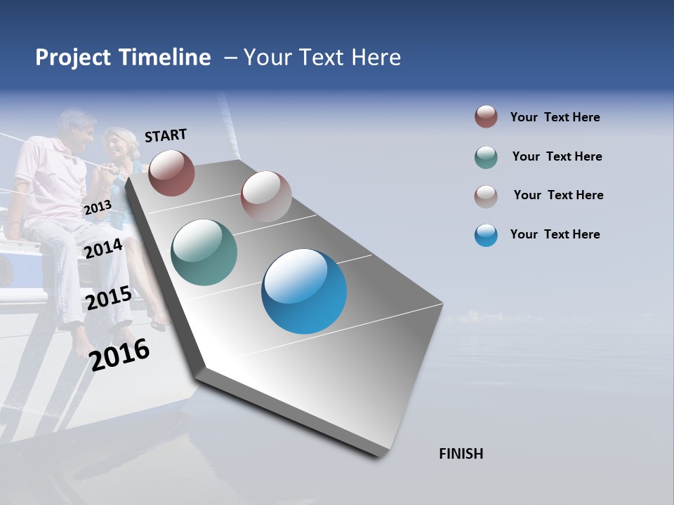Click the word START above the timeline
click(166, 135)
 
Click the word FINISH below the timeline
click(461, 454)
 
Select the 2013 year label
click(98, 208)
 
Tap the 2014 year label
click(103, 248)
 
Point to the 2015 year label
click(108, 299)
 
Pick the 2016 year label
click(119, 354)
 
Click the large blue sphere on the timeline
click(304, 291)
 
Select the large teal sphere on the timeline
click(204, 252)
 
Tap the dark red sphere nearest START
click(171, 173)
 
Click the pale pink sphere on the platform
click(266, 196)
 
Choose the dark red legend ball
click(486, 116)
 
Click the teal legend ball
click(486, 157)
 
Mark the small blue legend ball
click(486, 235)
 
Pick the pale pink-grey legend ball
click(486, 196)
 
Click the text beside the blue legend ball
click(555, 234)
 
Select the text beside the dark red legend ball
click(555, 117)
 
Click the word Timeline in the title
click(164, 58)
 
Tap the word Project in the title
click(74, 58)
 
